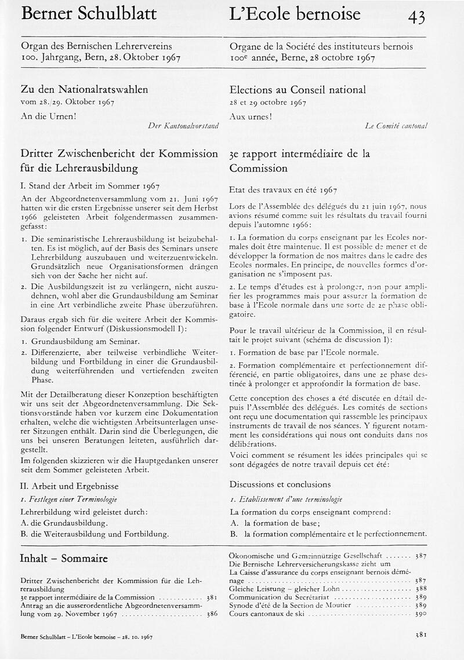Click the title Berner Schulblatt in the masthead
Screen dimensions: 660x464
(x=89, y=14)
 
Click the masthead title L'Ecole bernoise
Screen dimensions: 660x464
(x=295, y=14)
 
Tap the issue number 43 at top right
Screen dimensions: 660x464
(x=416, y=17)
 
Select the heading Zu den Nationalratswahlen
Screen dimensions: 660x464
(x=84, y=89)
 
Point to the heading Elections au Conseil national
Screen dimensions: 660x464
(x=298, y=89)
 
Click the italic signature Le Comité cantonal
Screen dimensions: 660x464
(x=396, y=125)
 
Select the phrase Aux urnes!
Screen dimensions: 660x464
(x=251, y=115)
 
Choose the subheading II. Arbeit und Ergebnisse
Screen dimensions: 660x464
(x=69, y=486)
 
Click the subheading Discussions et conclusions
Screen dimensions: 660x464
(x=280, y=484)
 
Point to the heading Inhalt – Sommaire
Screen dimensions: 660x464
(x=64, y=559)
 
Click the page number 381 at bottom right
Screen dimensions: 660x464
(x=421, y=635)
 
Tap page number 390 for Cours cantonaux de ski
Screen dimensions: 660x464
(x=421, y=613)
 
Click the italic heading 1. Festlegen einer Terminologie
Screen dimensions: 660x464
(x=68, y=499)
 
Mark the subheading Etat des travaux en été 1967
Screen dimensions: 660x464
(x=283, y=189)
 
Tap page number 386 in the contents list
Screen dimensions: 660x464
(x=212, y=613)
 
